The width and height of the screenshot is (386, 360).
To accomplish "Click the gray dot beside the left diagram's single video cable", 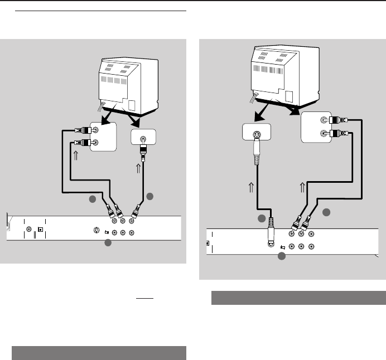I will point(149,196).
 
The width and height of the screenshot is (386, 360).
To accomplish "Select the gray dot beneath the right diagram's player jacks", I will point(282,257).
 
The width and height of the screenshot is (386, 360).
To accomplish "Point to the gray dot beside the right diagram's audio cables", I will point(327,213).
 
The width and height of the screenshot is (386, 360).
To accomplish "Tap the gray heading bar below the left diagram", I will point(98,353).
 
